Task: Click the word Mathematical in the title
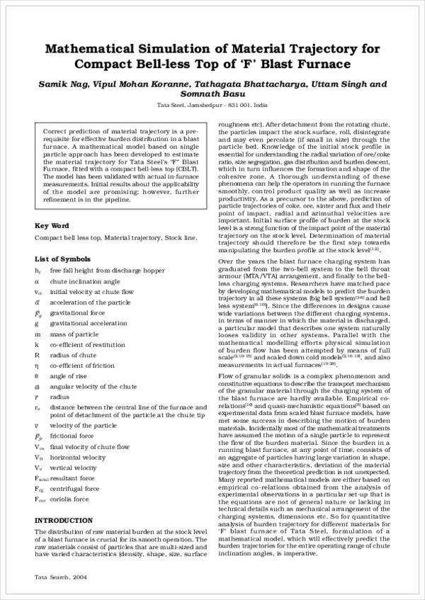[x=84, y=50]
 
